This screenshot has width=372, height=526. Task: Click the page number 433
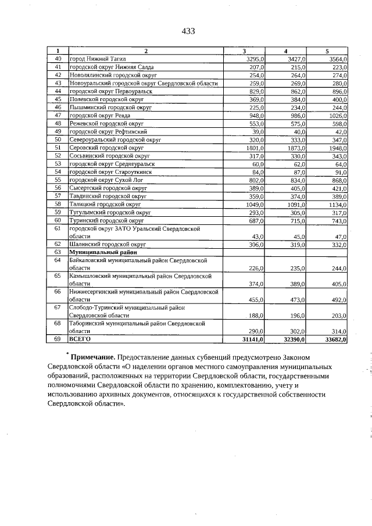tap(187, 31)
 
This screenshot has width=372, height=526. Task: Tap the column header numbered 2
tap(146, 51)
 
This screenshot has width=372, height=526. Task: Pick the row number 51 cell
tap(58, 148)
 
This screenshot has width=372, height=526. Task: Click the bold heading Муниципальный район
tap(99, 253)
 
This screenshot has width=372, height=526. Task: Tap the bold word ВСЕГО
tap(80, 338)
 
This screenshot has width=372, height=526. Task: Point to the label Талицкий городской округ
tap(105, 204)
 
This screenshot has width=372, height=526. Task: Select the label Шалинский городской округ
tap(107, 245)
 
